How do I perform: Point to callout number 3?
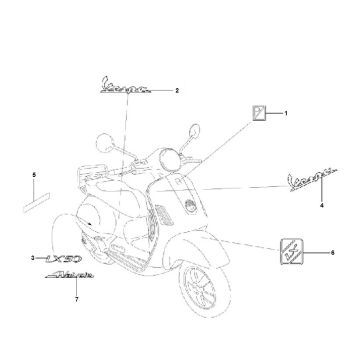(33, 258)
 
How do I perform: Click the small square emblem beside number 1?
(258, 113)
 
